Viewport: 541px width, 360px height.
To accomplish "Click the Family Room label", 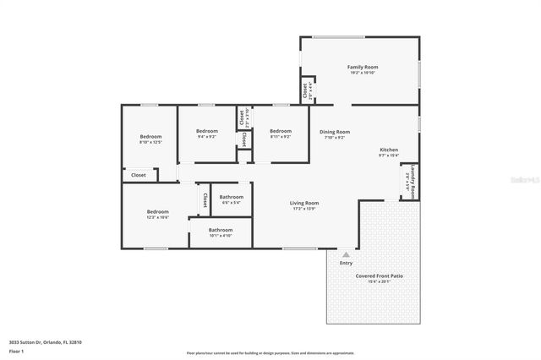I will pyautogui.click(x=362, y=66).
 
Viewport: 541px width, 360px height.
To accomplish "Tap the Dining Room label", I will pyautogui.click(x=334, y=132).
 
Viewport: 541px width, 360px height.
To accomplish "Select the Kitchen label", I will pyautogui.click(x=388, y=150).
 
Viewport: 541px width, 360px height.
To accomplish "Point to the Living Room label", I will pyautogui.click(x=304, y=203).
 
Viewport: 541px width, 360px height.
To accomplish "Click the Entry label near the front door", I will pyautogui.click(x=346, y=263).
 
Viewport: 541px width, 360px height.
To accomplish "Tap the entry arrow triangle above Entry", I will pyautogui.click(x=346, y=253).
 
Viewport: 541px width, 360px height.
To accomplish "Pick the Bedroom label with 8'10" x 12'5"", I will pyautogui.click(x=150, y=137).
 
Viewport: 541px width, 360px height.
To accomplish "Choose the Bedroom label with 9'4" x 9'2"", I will pyautogui.click(x=207, y=131).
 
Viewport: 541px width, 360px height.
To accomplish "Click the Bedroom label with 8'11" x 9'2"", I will pyautogui.click(x=281, y=131).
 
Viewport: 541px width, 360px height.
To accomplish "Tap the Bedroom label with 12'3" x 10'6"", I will pyautogui.click(x=157, y=212).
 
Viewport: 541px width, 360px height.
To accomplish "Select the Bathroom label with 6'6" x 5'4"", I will pyautogui.click(x=232, y=197).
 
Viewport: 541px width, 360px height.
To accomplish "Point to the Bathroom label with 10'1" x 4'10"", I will pyautogui.click(x=221, y=229).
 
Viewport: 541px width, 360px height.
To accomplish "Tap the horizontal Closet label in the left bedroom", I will pyautogui.click(x=138, y=175).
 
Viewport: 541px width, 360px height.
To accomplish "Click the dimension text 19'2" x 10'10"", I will pyautogui.click(x=362, y=73).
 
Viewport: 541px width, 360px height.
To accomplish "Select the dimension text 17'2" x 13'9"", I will pyautogui.click(x=304, y=210).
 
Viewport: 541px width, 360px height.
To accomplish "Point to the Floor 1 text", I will pyautogui.click(x=16, y=351).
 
